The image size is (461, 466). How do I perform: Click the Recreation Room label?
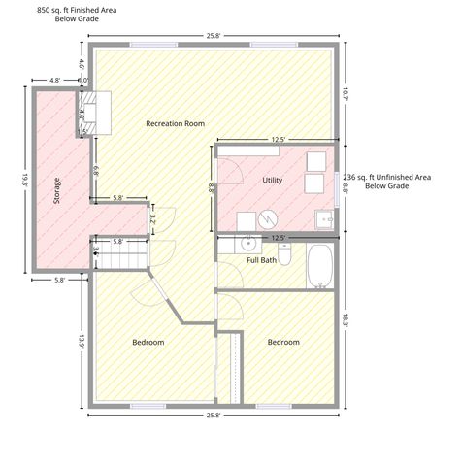tap(175, 123)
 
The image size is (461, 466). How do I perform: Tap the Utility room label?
tap(272, 180)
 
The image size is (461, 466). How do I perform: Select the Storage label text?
tap(56, 190)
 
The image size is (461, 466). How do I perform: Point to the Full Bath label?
tap(261, 260)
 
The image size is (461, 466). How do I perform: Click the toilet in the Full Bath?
tap(284, 254)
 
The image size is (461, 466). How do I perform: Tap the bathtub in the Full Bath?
tap(319, 266)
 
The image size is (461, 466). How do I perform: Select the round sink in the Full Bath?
tap(248, 244)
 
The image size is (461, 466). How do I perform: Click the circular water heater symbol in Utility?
tap(268, 219)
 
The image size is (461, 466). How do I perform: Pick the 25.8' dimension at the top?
tap(214, 36)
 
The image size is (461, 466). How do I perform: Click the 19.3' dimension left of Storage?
tap(25, 181)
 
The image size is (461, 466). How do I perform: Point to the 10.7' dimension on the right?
tap(346, 94)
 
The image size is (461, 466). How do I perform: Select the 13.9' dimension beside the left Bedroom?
tap(82, 342)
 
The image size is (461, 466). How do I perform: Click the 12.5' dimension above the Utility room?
tap(279, 140)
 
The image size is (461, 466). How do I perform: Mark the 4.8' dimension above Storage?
tap(54, 80)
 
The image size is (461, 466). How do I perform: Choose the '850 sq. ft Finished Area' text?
tap(77, 10)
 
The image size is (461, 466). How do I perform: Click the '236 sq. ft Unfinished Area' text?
tap(387, 177)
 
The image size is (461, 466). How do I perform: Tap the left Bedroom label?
tap(148, 342)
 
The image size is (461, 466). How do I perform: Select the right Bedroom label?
tap(283, 342)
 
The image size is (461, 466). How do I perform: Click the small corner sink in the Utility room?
tap(324, 219)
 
